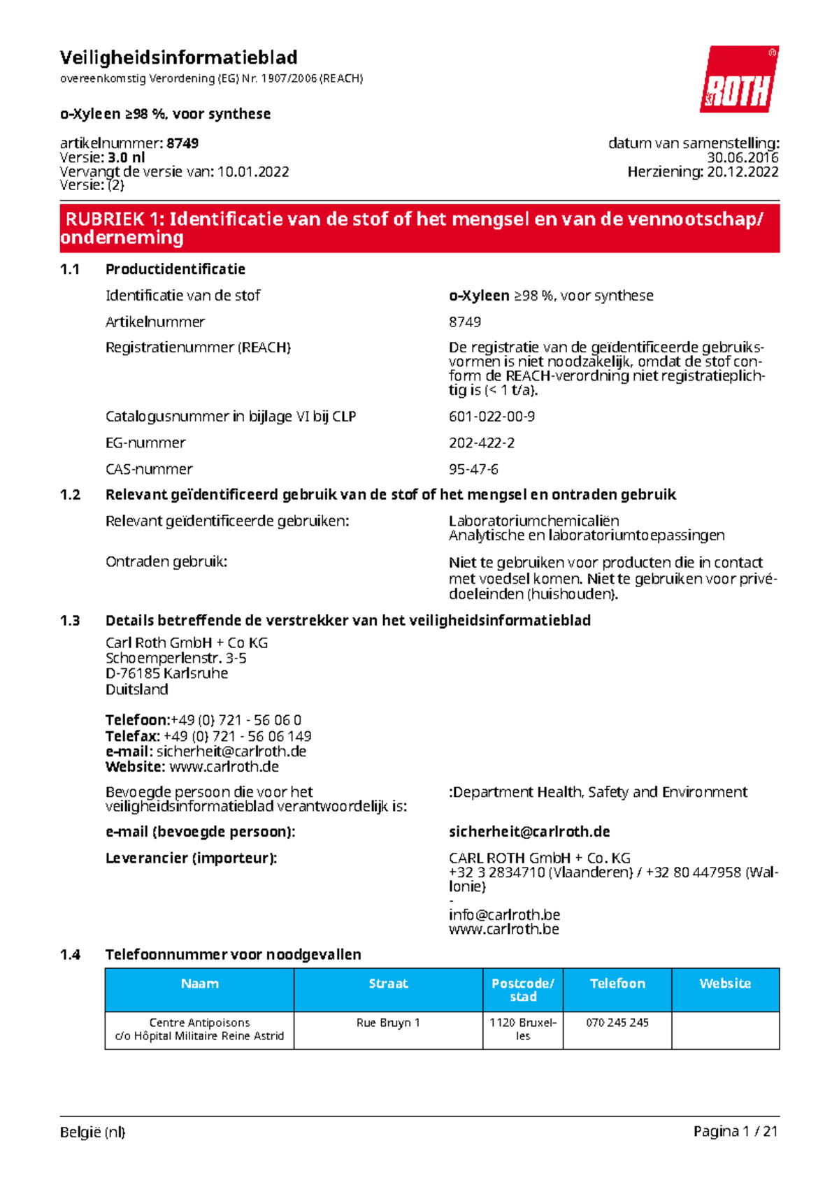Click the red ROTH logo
coord(739,80)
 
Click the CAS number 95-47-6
coord(473,469)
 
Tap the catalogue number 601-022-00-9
coord(492,416)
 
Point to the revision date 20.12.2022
coord(742,172)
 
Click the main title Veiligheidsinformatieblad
coord(178,57)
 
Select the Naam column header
coord(199,984)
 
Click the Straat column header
coord(388,984)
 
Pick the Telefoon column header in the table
coord(617,984)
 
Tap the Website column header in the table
coord(725,984)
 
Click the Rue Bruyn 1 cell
coord(388,1023)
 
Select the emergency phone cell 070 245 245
coord(617,1023)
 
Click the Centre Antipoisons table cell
coord(199,1029)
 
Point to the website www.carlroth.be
coord(503,929)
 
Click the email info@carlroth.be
coord(504,914)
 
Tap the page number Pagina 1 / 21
coord(736,1131)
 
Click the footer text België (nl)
coord(92,1132)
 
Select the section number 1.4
coord(70,954)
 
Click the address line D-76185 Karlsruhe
coord(166,673)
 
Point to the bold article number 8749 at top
coord(182,143)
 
